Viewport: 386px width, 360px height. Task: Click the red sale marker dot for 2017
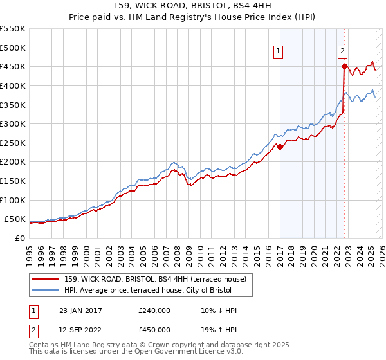pyautogui.click(x=280, y=147)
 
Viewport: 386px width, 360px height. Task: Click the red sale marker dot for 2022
pyautogui.click(x=345, y=66)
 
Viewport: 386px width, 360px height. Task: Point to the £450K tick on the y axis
pyautogui.click(x=12, y=66)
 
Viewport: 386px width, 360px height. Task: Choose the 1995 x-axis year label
pyautogui.click(x=30, y=251)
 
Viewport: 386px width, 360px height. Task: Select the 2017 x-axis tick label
pyautogui.click(x=280, y=251)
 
